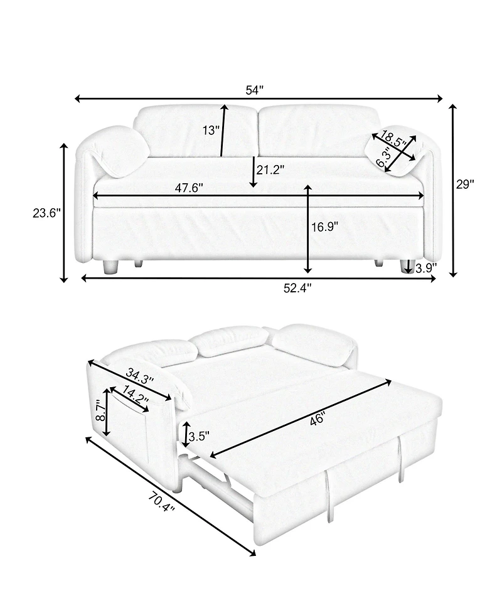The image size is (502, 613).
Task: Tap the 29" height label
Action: (465, 184)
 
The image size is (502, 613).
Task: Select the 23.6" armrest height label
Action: (46, 213)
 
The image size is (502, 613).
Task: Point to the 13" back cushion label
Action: (211, 131)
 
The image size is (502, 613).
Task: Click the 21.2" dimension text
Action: (270, 169)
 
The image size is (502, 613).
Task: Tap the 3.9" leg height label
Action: (426, 268)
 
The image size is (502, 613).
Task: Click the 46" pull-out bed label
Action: (317, 421)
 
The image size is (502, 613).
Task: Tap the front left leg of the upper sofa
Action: (111, 267)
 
